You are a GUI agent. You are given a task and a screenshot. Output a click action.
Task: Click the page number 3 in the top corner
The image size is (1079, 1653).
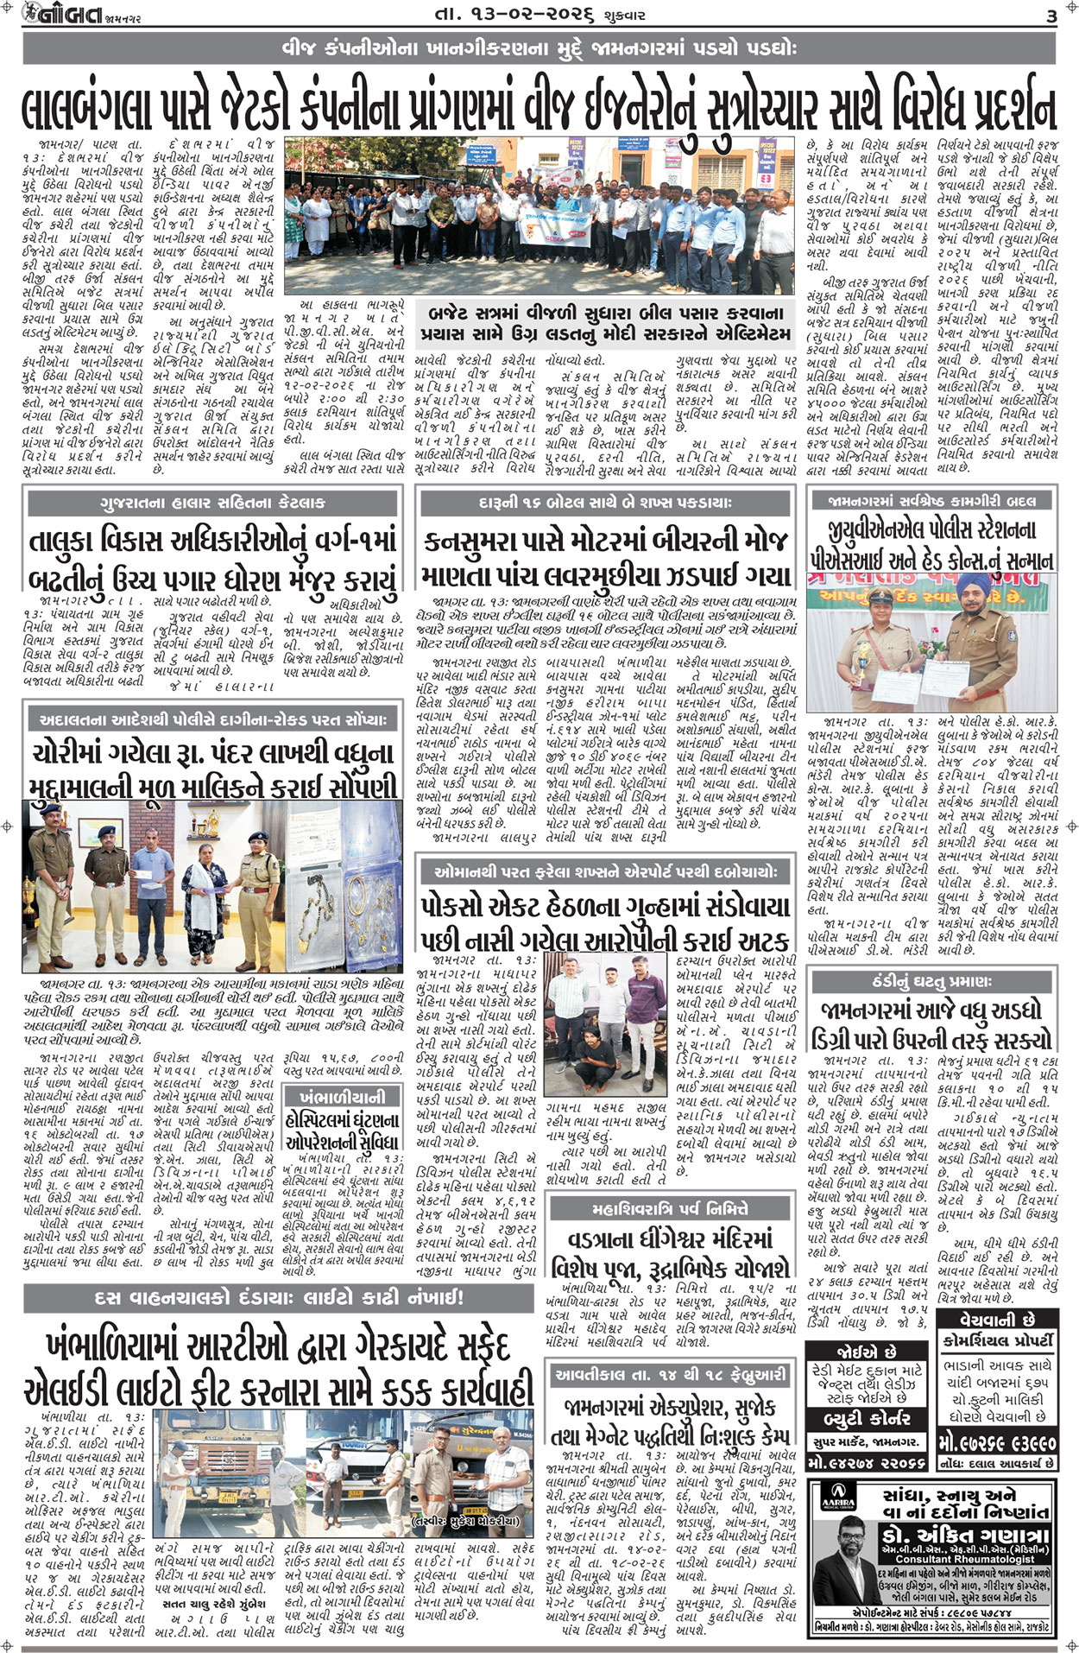point(1051,15)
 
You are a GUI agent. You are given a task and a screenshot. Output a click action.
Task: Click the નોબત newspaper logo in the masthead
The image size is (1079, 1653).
point(60,15)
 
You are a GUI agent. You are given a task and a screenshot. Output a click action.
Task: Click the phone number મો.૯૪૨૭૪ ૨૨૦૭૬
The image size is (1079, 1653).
point(866,1463)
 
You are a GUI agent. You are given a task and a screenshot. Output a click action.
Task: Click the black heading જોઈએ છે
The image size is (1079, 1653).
point(866,1352)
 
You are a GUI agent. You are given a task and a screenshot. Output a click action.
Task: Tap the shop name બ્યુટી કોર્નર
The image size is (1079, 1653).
point(866,1418)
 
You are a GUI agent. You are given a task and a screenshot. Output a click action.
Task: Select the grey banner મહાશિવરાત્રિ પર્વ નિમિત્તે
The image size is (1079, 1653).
point(671,1208)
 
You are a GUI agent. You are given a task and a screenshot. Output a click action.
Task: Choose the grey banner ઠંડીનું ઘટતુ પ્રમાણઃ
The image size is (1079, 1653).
point(931,982)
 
